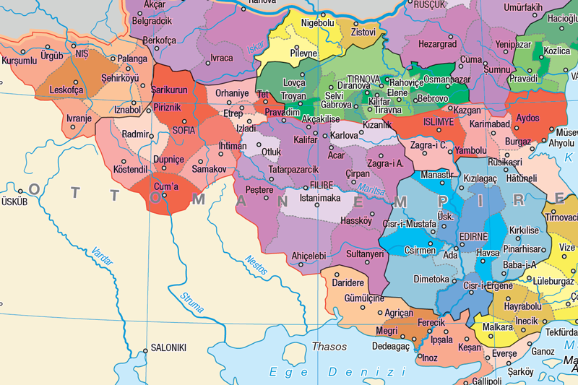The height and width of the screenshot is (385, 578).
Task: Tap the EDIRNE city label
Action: coord(473,236)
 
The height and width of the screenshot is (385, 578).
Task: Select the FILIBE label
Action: coord(322,186)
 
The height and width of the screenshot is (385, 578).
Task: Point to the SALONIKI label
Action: coord(168,347)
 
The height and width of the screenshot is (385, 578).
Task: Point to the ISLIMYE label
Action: coord(439,122)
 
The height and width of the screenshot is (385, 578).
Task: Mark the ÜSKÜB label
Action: coord(13,202)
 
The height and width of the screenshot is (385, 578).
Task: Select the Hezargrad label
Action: coord(438,44)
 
